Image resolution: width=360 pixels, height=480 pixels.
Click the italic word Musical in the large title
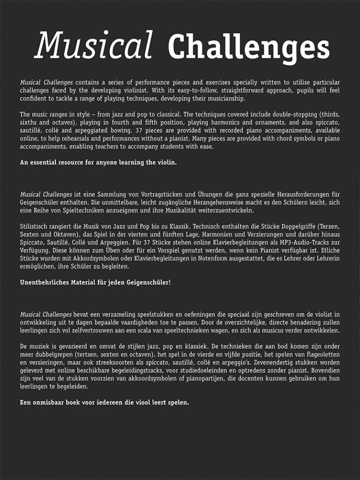click(x=94, y=45)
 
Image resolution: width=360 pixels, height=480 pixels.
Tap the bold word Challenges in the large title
click(x=248, y=47)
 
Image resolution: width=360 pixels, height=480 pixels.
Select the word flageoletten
click(x=318, y=354)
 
